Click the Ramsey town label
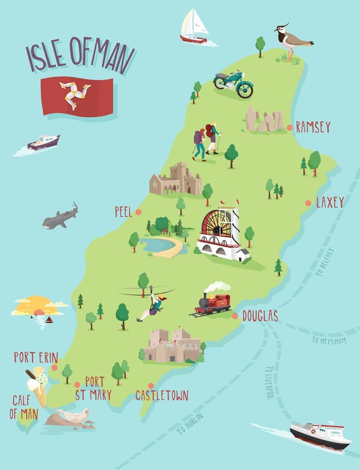point(313,127)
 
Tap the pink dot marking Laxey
point(308,203)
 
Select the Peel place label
point(123,212)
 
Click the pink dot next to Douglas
point(235,316)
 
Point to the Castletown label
point(162,395)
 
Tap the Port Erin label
point(36,357)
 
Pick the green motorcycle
point(233,84)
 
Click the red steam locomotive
point(213,302)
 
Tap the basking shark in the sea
point(60,217)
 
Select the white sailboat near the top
point(194,26)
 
